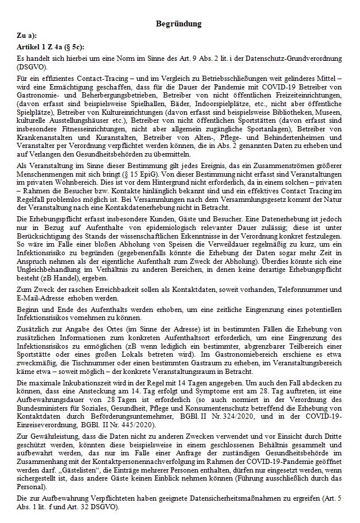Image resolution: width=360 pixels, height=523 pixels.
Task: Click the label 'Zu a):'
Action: pos(27,36)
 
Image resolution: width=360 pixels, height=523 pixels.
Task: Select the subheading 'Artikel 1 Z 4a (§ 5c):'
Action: pos(50,46)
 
